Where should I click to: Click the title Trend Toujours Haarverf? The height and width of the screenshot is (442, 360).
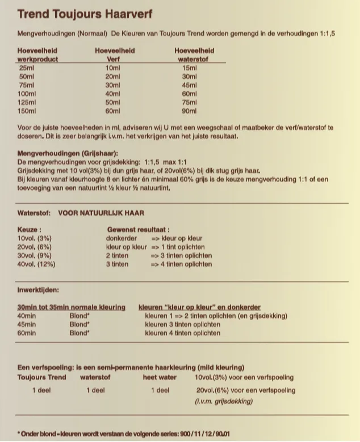(85, 13)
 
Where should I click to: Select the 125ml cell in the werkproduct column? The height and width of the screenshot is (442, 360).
(27, 103)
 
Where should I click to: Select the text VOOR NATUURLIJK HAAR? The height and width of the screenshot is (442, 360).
(101, 213)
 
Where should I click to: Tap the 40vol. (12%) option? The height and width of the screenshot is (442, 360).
(36, 264)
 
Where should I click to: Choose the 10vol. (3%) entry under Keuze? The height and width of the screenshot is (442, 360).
(35, 239)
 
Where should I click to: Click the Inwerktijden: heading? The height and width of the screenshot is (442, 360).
(38, 291)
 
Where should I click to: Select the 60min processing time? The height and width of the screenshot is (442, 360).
(27, 333)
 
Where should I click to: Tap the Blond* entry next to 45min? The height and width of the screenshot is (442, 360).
(79, 325)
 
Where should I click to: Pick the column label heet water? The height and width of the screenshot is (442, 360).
(159, 377)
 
